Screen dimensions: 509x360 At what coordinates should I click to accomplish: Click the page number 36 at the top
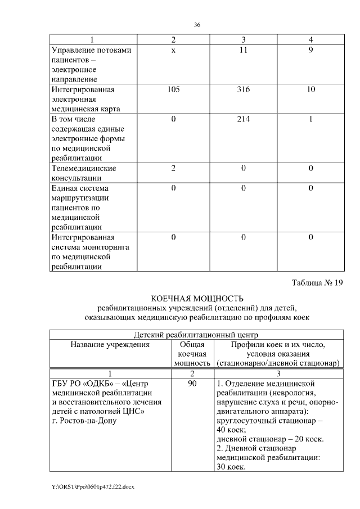click(197, 25)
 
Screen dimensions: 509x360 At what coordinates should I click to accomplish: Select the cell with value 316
click(243, 89)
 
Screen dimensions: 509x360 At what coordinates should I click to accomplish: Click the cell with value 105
click(173, 89)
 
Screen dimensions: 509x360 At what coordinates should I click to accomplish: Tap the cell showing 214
click(243, 119)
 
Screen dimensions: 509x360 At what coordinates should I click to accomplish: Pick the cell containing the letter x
click(173, 50)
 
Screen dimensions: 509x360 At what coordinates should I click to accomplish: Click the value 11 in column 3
click(243, 50)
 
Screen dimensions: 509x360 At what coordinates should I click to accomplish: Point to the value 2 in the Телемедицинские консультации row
click(173, 168)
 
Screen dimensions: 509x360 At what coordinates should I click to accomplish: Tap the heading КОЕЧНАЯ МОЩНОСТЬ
click(196, 298)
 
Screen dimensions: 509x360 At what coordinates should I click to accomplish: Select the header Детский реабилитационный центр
click(196, 335)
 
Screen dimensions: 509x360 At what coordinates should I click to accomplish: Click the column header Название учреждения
click(110, 345)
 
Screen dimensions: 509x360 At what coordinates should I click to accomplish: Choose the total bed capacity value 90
click(192, 384)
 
